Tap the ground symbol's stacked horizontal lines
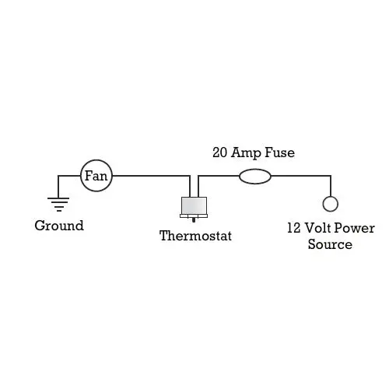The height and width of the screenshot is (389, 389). point(58,205)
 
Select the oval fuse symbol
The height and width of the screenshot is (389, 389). point(255,177)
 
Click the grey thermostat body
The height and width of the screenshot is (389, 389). point(194,205)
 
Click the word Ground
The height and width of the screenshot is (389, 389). point(59,226)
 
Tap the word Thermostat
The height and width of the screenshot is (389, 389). point(195,236)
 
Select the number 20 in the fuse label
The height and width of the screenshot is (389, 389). point(219,152)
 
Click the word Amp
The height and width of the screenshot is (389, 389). point(246,152)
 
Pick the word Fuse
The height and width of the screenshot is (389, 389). point(279,152)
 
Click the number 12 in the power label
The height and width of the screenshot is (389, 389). point(294,228)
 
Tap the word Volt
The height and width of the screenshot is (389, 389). point(317,228)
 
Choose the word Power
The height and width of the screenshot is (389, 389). point(354,228)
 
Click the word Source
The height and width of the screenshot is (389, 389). point(330,244)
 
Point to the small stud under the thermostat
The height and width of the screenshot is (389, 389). point(194,220)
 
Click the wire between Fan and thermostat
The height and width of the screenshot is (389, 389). point(152,176)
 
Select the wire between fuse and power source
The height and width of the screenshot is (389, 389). point(301,176)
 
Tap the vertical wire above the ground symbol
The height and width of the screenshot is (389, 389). point(58,187)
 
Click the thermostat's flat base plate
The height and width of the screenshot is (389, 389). point(194,216)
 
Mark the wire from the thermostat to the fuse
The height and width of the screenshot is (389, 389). point(219,176)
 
